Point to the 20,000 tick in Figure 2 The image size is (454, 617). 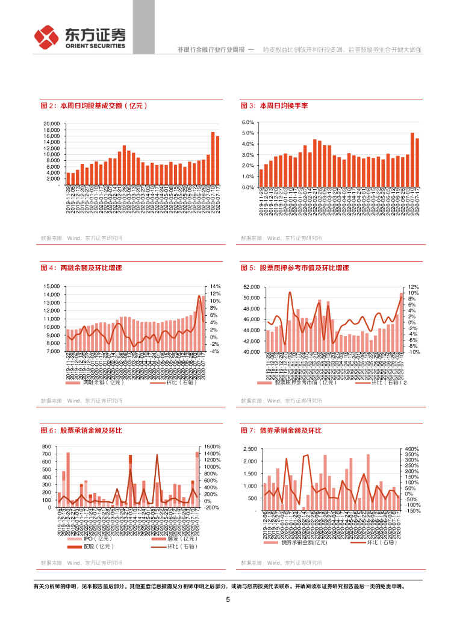(x=52, y=124)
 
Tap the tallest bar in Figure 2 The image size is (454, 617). (x=213, y=158)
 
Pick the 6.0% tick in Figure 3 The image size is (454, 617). (x=248, y=122)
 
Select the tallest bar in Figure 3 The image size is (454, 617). (x=412, y=160)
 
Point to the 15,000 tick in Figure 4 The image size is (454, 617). (x=52, y=287)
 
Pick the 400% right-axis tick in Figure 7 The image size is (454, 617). (x=412, y=449)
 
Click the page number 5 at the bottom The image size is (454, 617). (x=227, y=600)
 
